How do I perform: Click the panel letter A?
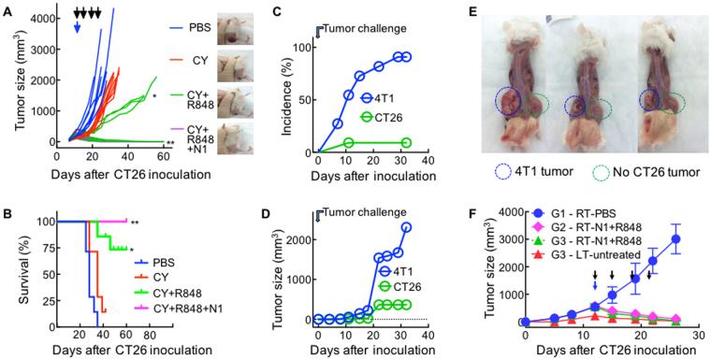pos(7,8)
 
